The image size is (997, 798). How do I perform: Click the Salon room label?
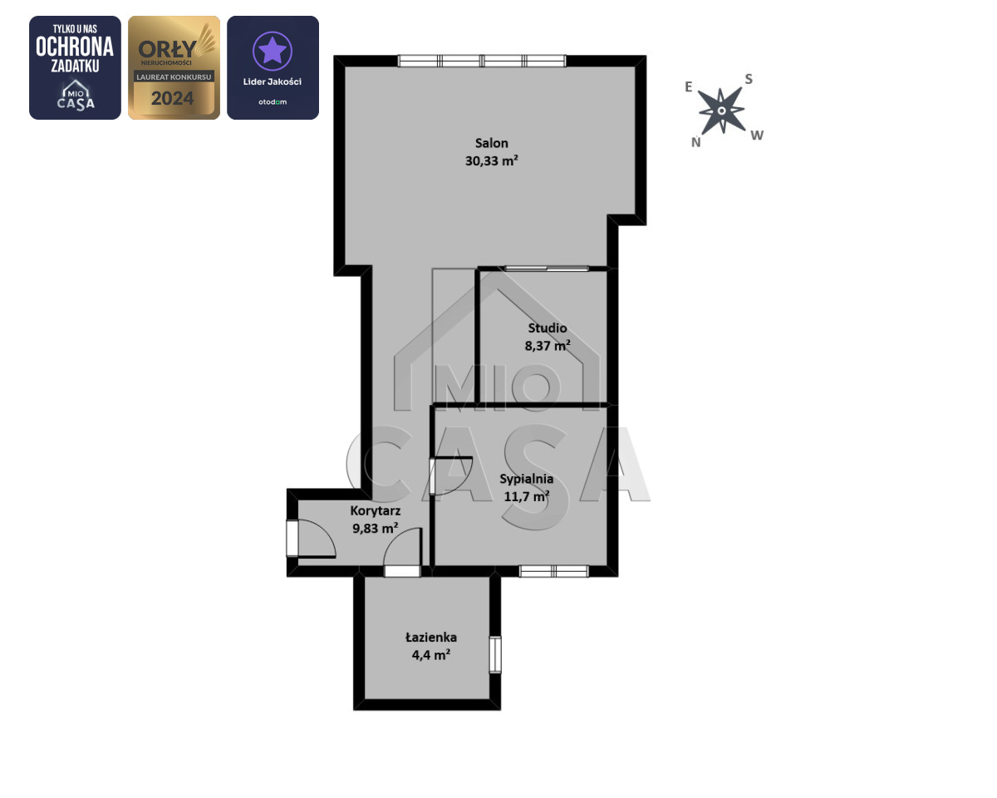click(491, 143)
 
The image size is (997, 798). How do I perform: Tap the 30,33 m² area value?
click(491, 160)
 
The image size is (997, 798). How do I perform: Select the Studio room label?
click(548, 328)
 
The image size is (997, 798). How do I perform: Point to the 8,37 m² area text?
click(548, 345)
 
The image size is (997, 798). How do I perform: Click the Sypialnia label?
click(526, 479)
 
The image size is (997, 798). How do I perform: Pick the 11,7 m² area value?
click(526, 496)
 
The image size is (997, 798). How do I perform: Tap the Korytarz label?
click(376, 511)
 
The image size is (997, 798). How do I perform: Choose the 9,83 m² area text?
click(376, 528)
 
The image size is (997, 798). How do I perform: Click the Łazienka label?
click(431, 638)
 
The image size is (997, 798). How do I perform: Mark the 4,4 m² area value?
click(431, 655)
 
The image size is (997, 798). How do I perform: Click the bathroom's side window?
click(495, 654)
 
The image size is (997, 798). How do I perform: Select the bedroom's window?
click(553, 571)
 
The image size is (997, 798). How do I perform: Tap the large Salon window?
click(482, 61)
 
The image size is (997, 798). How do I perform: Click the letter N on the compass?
click(695, 142)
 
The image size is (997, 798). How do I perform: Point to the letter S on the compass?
click(749, 79)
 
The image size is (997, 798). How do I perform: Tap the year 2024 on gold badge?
click(172, 98)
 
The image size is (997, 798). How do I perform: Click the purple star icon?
click(272, 50)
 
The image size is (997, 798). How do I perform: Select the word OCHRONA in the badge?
click(75, 47)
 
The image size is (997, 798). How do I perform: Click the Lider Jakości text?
click(273, 81)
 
